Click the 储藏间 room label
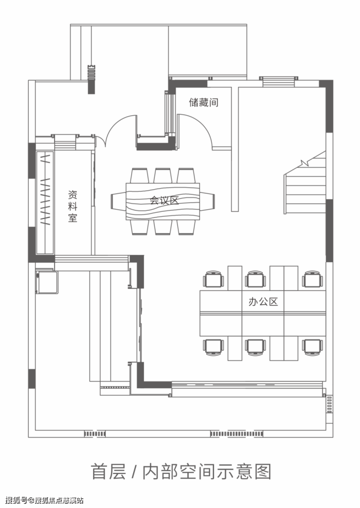pos(203,102)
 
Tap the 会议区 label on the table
pos(164,200)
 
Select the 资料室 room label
pos(72,206)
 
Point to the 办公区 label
pos(263,302)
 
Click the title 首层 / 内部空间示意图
pos(181,472)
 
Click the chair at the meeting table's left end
pos(118,201)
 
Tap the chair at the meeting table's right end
pos(207,201)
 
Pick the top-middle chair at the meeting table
pos(162,176)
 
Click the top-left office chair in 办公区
pos(214,279)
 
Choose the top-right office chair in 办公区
pos(312,279)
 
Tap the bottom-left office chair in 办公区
pos(214,346)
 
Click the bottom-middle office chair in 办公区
pos(256,346)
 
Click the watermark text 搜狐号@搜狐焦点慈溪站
pos(44,500)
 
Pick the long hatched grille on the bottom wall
pos(236,434)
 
